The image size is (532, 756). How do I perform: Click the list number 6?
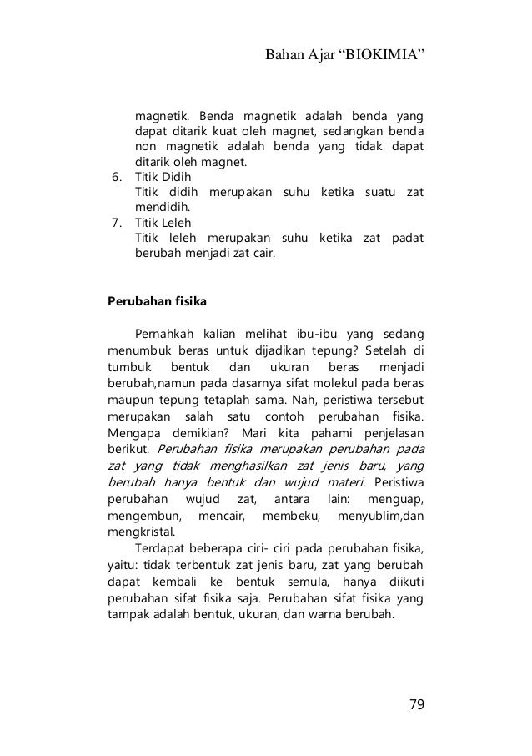click(x=117, y=178)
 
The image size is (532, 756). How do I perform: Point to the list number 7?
click(x=117, y=224)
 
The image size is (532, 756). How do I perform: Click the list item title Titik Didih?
click(x=163, y=178)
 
